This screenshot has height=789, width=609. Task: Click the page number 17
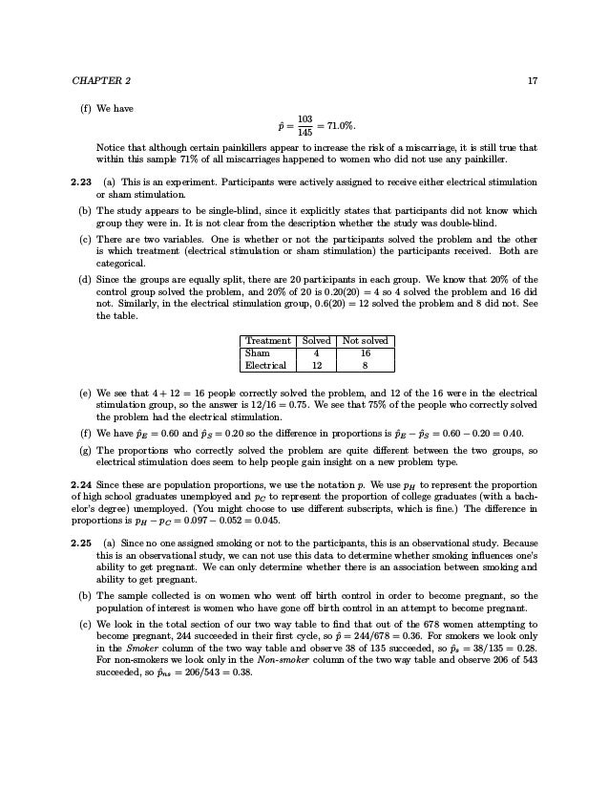tap(532, 79)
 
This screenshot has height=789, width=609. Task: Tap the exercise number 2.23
tap(84, 180)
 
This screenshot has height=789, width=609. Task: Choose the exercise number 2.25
tap(84, 542)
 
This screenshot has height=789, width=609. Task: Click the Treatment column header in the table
tap(268, 340)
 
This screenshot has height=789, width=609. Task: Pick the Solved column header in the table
tap(316, 340)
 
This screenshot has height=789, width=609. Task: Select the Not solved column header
tap(366, 340)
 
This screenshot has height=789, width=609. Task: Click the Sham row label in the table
tap(258, 352)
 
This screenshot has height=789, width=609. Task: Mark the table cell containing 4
tap(316, 352)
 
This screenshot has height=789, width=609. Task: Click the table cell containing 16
tap(366, 352)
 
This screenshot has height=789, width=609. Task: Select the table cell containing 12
tap(316, 364)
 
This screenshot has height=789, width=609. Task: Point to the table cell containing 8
tap(366, 364)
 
